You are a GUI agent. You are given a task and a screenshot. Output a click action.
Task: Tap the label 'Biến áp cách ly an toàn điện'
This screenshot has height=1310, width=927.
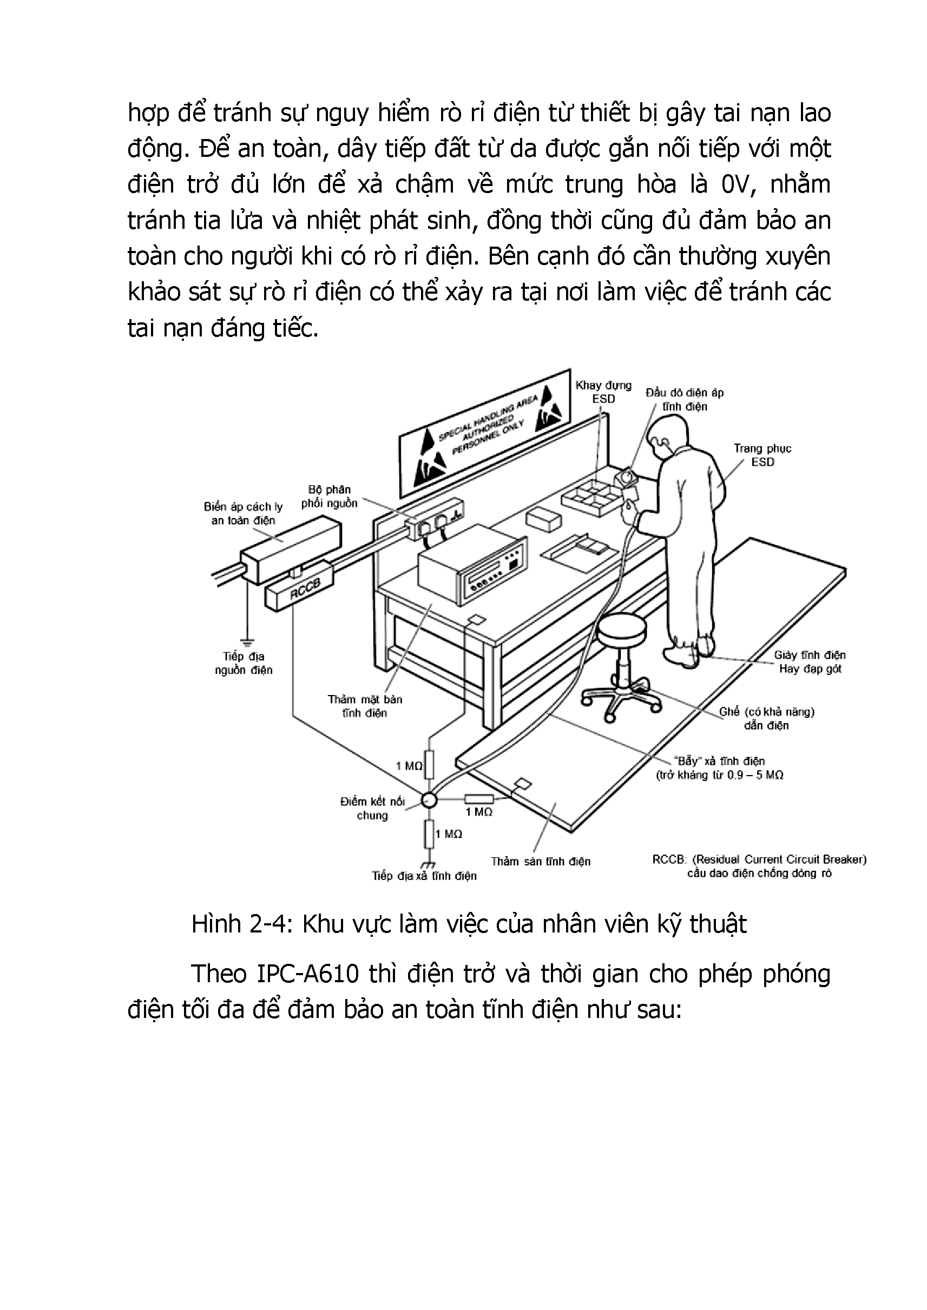(x=243, y=513)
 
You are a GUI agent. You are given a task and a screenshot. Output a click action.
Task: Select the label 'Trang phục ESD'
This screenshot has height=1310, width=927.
(x=762, y=455)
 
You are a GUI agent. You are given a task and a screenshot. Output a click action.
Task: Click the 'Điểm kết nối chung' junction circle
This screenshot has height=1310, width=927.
(x=428, y=800)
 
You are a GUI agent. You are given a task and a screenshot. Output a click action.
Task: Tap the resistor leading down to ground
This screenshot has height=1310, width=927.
(x=429, y=834)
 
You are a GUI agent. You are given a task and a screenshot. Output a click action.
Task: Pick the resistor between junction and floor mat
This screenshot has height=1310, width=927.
(x=479, y=799)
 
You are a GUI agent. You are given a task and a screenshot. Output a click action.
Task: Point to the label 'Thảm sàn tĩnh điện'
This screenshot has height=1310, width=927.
(x=541, y=862)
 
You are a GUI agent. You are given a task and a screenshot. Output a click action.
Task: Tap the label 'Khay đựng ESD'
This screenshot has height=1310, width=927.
(x=603, y=392)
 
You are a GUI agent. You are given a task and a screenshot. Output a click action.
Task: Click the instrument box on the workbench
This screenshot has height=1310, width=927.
(x=471, y=570)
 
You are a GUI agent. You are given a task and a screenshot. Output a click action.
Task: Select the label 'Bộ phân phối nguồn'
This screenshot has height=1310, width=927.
(x=330, y=497)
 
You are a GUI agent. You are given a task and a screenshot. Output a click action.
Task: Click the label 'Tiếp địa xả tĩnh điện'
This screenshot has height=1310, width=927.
(x=424, y=876)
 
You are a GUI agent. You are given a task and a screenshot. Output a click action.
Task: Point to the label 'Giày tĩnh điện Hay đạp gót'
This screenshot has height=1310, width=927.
(x=810, y=662)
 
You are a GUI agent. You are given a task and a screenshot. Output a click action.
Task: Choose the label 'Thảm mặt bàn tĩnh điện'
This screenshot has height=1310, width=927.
(x=365, y=706)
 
